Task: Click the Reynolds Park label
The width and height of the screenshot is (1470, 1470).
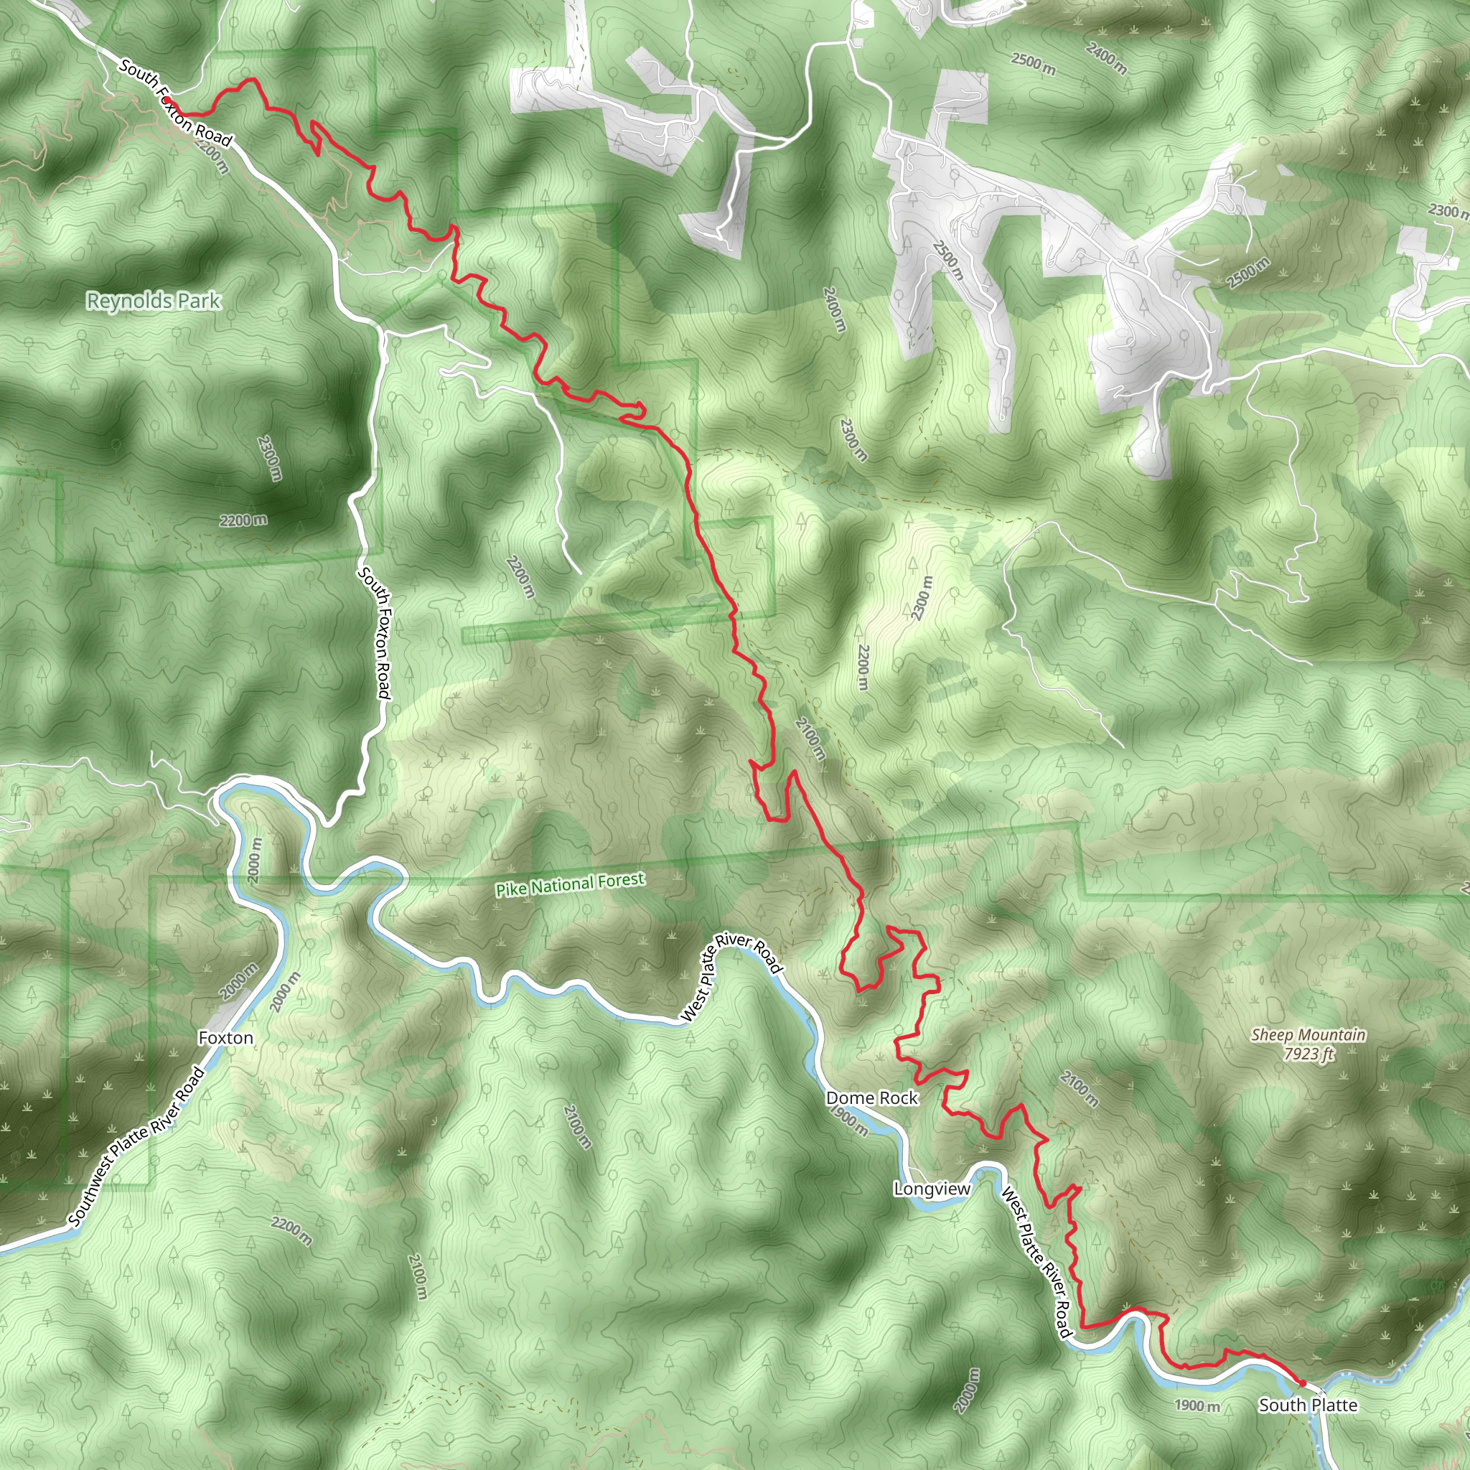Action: click(x=154, y=301)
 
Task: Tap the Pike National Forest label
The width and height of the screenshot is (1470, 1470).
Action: click(x=570, y=884)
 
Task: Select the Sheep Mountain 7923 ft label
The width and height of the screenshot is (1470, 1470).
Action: click(x=1308, y=1044)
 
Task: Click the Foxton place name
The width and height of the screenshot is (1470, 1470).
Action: click(x=225, y=1038)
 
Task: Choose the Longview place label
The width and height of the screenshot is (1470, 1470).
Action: click(x=932, y=1189)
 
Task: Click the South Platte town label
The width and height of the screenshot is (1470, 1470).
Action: click(x=1307, y=1405)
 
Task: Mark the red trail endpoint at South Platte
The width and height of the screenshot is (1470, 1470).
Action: click(x=1302, y=1383)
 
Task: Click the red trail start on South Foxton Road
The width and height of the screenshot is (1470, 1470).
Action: click(x=167, y=100)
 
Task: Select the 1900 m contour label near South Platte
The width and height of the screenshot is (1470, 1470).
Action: click(x=1197, y=1405)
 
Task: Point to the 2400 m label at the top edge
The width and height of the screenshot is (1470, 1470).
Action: click(x=1106, y=59)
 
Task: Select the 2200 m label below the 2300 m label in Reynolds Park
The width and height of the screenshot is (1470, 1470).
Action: click(x=243, y=520)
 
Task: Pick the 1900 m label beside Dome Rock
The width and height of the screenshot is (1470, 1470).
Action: click(x=849, y=1120)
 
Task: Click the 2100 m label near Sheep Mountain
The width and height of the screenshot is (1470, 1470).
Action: click(x=1079, y=1089)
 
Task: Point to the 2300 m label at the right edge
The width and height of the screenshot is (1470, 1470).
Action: click(x=1447, y=211)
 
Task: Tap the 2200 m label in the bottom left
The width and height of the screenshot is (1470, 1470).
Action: click(x=291, y=1231)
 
